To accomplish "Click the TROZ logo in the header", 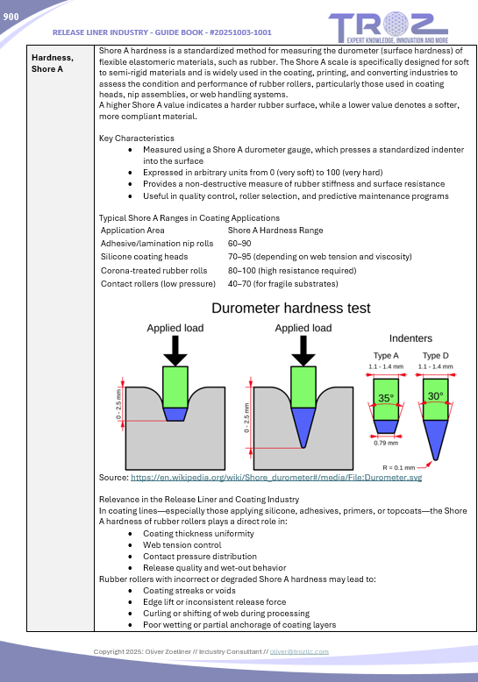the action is click(389, 28).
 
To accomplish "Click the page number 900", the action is click(11, 17).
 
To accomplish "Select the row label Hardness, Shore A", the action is click(53, 63).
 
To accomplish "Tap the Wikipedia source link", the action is click(276, 477).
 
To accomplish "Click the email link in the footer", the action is click(299, 651).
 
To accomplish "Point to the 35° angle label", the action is click(386, 398).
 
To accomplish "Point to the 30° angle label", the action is click(435, 396).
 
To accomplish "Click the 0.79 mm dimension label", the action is click(386, 443).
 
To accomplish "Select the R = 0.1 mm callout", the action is click(398, 467).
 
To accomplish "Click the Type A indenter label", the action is click(386, 355).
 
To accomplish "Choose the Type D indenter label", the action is click(435, 355).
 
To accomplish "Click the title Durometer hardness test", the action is click(291, 308).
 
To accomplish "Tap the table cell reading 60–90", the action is click(239, 243).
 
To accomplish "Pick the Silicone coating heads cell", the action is click(144, 257).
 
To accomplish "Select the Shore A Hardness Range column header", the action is click(275, 230).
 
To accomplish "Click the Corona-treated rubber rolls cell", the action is click(153, 271).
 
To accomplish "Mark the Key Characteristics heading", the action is click(136, 138).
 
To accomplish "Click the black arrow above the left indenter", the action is click(175, 351).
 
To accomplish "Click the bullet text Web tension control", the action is click(182, 544).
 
